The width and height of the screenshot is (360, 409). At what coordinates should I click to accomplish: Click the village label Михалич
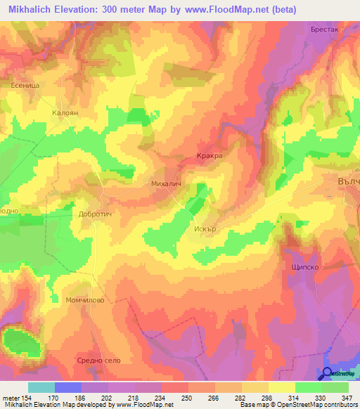(167, 183)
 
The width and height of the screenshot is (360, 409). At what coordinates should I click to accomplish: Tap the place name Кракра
(210, 157)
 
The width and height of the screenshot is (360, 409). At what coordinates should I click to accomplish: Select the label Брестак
(325, 30)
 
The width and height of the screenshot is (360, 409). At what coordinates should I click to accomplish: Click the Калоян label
(65, 111)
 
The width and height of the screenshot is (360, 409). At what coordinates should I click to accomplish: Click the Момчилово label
(85, 300)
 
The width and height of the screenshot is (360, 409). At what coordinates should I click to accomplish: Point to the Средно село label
(98, 361)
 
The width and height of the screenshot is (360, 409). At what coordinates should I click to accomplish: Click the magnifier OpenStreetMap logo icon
(328, 373)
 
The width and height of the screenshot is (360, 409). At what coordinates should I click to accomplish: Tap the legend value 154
(27, 398)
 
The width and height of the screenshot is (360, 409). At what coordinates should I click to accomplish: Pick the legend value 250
(188, 398)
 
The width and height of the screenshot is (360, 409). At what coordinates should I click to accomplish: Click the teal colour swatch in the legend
(41, 387)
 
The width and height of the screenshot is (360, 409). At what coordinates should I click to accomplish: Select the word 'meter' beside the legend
(10, 398)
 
